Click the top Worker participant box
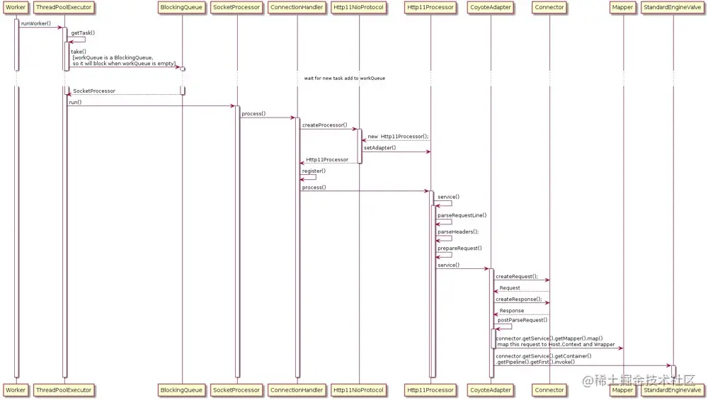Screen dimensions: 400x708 click(16, 8)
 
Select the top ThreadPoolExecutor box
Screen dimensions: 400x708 click(64, 8)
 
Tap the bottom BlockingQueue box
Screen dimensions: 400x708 click(182, 390)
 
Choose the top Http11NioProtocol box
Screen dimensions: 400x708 click(358, 8)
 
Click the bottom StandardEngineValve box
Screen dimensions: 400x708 click(672, 390)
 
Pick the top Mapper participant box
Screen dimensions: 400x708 click(623, 8)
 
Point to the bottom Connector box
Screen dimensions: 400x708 click(549, 390)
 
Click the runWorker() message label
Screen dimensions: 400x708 click(36, 23)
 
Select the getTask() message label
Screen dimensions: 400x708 click(83, 33)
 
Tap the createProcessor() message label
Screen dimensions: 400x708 click(325, 125)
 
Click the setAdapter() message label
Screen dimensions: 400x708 click(380, 148)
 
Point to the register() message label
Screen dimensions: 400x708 click(314, 171)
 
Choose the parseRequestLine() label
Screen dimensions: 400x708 click(462, 215)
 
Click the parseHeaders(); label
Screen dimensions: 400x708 click(458, 232)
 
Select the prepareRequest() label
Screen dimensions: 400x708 click(459, 248)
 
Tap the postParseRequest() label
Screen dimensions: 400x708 click(523, 320)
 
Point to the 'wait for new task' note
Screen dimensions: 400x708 click(345, 78)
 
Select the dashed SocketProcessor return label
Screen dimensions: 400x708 click(94, 91)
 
